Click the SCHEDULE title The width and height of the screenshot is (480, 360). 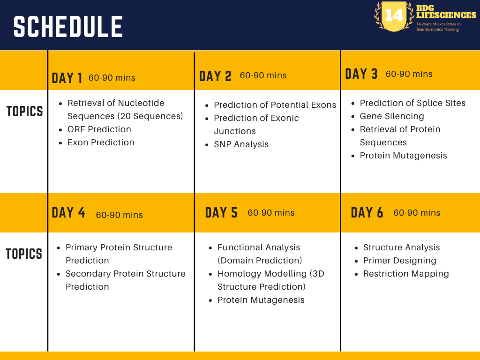coord(68,27)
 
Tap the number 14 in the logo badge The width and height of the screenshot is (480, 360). coord(393,15)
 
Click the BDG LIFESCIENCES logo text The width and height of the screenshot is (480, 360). coord(446,12)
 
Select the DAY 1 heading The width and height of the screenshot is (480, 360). coord(67,78)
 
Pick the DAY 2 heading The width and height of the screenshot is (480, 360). coord(215,76)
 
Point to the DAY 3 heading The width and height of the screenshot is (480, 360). coord(361,74)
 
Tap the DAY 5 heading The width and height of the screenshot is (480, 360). coord(221,213)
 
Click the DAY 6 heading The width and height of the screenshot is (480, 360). coord(367,213)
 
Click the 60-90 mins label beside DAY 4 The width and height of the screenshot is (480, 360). coord(119,215)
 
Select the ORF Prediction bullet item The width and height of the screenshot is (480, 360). coord(99,129)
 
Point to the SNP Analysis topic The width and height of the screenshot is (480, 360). coord(241,144)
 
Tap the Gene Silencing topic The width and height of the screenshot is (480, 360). coord(391,116)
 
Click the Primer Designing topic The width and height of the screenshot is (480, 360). coord(399,261)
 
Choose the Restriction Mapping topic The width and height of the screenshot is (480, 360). coord(406,274)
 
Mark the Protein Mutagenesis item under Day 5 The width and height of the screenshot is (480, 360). coord(261,300)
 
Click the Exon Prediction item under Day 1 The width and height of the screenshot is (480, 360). coord(101,142)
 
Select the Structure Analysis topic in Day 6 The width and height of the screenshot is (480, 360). coord(401,247)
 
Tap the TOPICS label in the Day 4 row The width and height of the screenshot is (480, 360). coord(24,254)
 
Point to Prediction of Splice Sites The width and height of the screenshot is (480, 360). coord(412,103)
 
